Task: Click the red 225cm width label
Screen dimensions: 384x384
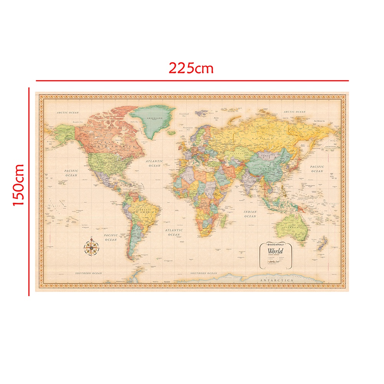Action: (x=191, y=68)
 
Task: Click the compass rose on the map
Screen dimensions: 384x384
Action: (x=92, y=247)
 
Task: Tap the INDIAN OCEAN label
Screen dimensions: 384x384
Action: (x=250, y=214)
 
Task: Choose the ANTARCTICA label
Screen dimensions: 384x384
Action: (x=276, y=281)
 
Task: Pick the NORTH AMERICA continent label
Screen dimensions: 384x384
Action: (x=112, y=147)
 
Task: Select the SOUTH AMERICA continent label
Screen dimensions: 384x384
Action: (x=142, y=211)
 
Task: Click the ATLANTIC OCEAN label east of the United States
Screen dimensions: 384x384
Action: (x=155, y=163)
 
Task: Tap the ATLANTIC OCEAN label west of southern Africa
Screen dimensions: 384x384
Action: (x=174, y=232)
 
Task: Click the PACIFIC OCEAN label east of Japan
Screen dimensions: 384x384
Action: (x=317, y=169)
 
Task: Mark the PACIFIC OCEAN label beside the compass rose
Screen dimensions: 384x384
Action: (x=110, y=237)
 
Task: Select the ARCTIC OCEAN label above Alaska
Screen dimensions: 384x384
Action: (x=68, y=112)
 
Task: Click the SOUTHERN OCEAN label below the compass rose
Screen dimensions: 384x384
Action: (x=89, y=273)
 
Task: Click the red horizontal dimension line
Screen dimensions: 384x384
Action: (x=192, y=81)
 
